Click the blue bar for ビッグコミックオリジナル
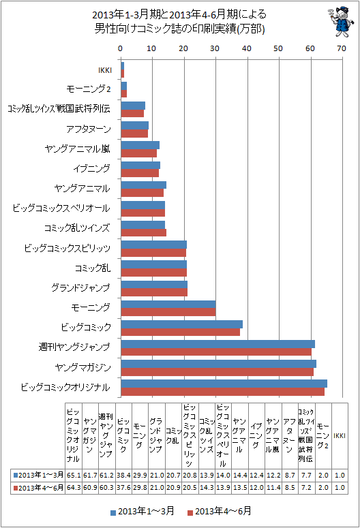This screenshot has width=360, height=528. [x=224, y=384]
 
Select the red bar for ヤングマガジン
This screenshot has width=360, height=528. [x=217, y=372]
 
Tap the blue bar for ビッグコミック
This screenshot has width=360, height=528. [x=181, y=324]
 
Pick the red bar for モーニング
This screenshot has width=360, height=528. [x=168, y=312]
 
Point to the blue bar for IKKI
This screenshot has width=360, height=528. [x=122, y=65]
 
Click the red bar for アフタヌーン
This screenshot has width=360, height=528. [x=134, y=134]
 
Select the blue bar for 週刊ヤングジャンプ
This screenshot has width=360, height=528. [x=217, y=344]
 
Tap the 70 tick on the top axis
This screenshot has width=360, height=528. [x=342, y=48]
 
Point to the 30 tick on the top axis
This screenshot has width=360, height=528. [x=215, y=48]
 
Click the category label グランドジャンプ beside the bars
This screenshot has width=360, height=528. [x=80, y=288]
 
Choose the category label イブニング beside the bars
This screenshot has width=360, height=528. [x=91, y=168]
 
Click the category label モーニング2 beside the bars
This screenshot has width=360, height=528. [x=89, y=89]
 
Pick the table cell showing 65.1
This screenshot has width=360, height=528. [x=74, y=475]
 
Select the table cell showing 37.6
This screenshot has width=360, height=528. [x=123, y=488]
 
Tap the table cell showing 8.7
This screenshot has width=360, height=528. [x=290, y=475]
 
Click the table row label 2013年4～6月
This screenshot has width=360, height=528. [x=37, y=488]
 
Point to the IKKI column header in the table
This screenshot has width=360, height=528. [x=340, y=436]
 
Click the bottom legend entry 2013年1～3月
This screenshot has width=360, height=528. [x=142, y=511]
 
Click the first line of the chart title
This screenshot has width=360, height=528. [x=179, y=15]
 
